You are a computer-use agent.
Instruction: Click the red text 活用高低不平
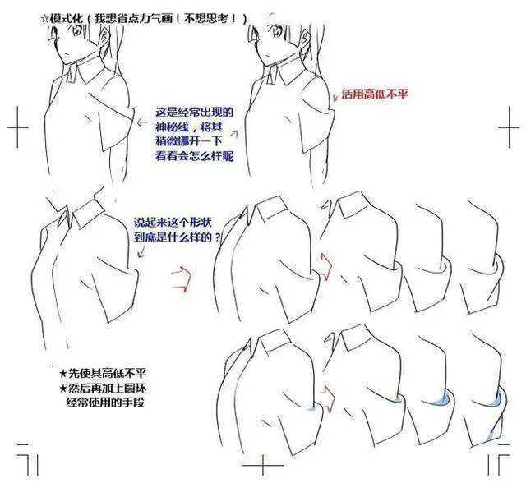pyautogui.click(x=375, y=94)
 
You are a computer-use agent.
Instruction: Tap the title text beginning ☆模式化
pyautogui.click(x=144, y=18)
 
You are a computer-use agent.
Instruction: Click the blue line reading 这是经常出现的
pyautogui.click(x=194, y=112)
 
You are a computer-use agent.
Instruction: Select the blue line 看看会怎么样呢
pyautogui.click(x=194, y=156)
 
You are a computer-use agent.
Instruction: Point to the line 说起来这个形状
pyautogui.click(x=173, y=222)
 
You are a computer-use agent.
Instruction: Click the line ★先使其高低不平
pyautogui.click(x=103, y=373)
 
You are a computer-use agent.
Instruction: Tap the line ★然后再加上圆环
pyautogui.click(x=103, y=389)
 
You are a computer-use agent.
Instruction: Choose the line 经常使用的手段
pyautogui.click(x=105, y=402)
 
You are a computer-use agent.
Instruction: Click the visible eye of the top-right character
pyautogui.click(x=277, y=32)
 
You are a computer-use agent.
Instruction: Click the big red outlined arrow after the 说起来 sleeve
pyautogui.click(x=182, y=279)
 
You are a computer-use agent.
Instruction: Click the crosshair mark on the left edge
pyautogui.click(x=17, y=127)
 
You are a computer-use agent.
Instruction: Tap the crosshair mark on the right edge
pyautogui.click(x=510, y=127)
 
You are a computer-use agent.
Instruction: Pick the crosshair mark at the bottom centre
pyautogui.click(x=263, y=465)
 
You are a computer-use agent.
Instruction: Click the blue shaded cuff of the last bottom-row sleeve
pyautogui.click(x=497, y=400)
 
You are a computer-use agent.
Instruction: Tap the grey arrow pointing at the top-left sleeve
pyautogui.click(x=142, y=122)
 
